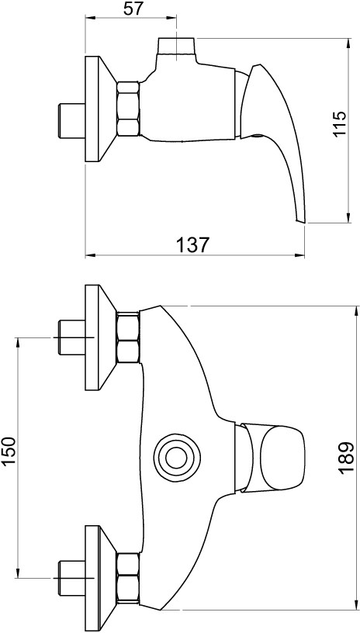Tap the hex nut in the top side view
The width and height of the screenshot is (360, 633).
click(127, 109)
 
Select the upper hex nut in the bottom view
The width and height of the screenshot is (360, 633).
click(127, 337)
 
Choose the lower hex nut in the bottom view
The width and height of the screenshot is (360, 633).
click(127, 578)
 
